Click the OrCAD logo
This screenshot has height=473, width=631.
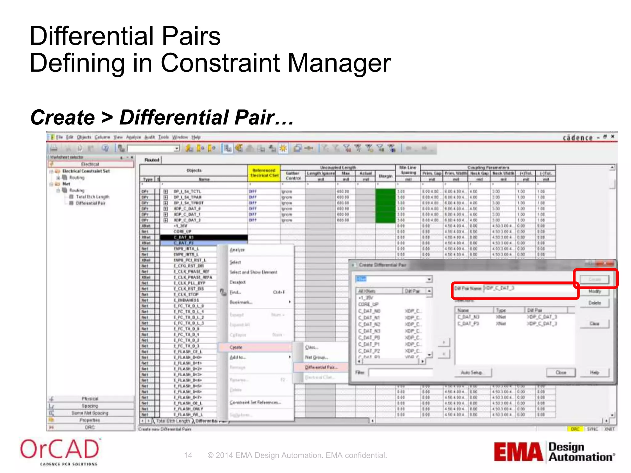[x=59, y=451]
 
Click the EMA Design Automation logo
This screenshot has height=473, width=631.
[x=554, y=452]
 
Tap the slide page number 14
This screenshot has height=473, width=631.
[x=188, y=455]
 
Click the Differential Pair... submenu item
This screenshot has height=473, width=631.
[x=321, y=367]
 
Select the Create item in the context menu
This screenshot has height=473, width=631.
[x=236, y=347]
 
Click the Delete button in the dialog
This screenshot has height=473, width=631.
[x=594, y=303]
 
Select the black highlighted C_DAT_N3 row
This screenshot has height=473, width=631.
[x=204, y=237]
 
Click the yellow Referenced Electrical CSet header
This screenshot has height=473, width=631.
[x=264, y=173]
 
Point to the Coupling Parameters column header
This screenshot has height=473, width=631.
[x=488, y=168]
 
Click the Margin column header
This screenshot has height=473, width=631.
[x=385, y=176]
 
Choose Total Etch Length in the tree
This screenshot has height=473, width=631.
[x=92, y=197]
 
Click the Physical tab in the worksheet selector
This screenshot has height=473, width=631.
[x=90, y=399]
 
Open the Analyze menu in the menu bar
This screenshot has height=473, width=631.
[x=133, y=137]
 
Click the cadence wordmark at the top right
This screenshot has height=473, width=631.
[x=578, y=138]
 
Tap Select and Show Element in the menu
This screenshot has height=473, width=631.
[x=253, y=272]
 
